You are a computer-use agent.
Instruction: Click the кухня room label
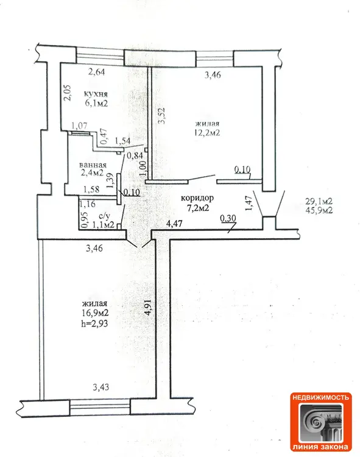click(x=96, y=94)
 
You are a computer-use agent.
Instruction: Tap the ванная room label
click(x=93, y=165)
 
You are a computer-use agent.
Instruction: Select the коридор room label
click(x=197, y=198)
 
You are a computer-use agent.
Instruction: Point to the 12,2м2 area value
click(x=207, y=133)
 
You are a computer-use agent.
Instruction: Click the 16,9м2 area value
click(x=95, y=313)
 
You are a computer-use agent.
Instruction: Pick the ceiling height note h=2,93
click(x=94, y=323)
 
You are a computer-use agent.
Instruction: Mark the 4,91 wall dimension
click(x=149, y=308)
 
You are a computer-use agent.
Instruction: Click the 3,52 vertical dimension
click(x=161, y=116)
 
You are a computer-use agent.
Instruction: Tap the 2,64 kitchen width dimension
click(x=97, y=72)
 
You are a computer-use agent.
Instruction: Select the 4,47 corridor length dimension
click(x=174, y=224)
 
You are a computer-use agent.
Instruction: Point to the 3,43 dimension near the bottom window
click(x=101, y=387)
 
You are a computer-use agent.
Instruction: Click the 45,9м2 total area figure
click(x=319, y=210)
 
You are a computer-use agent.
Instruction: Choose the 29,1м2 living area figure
click(x=319, y=201)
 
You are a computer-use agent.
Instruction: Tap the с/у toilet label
click(x=105, y=216)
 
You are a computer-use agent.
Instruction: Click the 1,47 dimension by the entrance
click(x=248, y=204)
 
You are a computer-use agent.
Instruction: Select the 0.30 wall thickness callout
click(x=228, y=218)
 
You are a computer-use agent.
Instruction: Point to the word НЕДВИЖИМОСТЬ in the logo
click(x=320, y=397)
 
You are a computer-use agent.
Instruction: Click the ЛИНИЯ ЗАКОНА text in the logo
click(x=320, y=447)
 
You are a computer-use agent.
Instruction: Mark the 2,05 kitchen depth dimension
click(x=68, y=93)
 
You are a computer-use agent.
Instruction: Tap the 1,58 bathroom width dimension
click(x=91, y=190)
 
